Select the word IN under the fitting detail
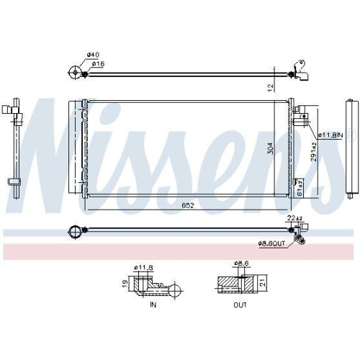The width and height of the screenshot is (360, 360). (x=153, y=306)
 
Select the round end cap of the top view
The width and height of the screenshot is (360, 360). (x=73, y=72)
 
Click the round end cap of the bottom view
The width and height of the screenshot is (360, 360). (x=73, y=231)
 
